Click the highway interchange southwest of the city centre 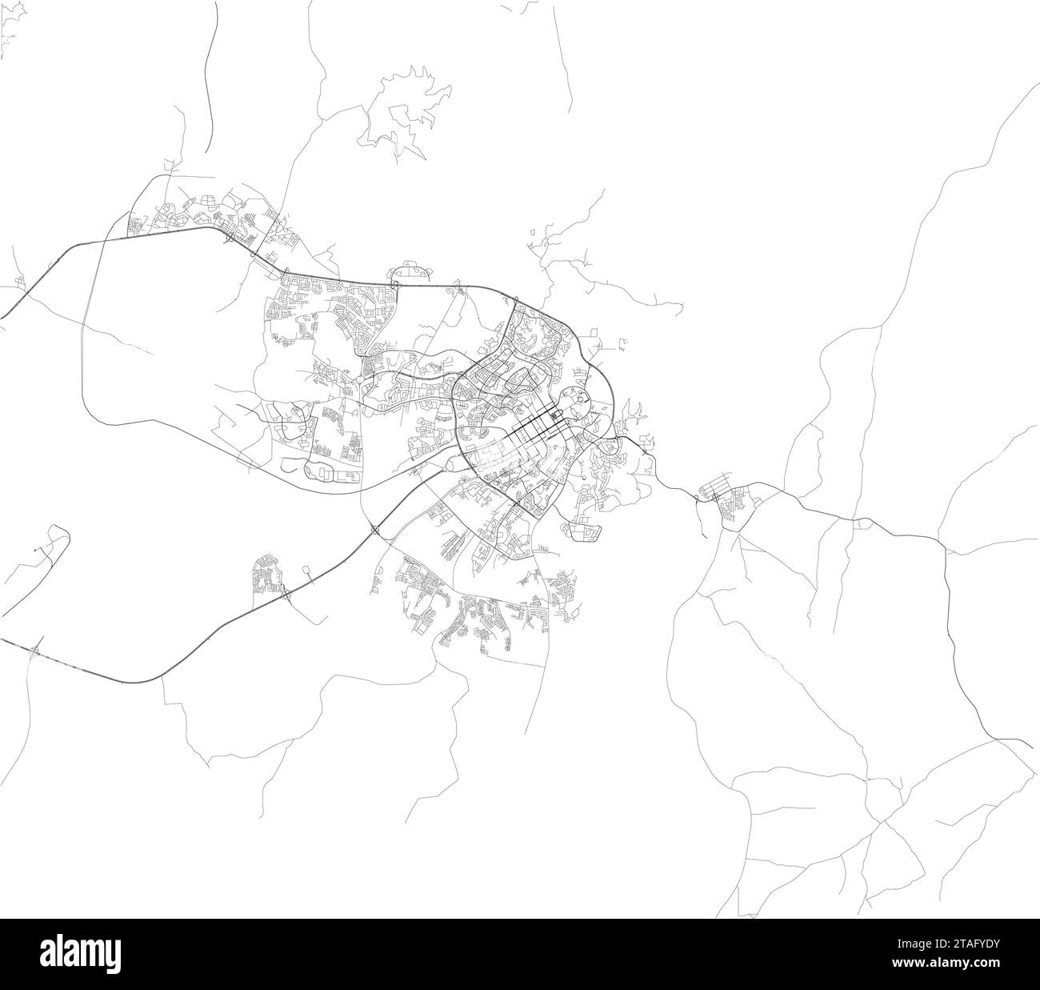(374, 528)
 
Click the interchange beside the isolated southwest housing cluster (286, 595)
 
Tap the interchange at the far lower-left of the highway (34, 651)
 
